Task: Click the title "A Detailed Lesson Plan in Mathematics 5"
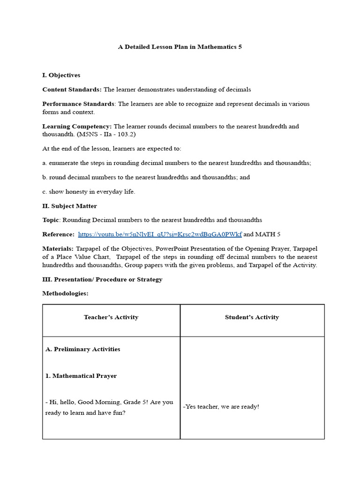pyautogui.click(x=180, y=47)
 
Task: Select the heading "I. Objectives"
pyautogui.click(x=61, y=75)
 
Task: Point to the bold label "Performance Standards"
pyautogui.click(x=78, y=104)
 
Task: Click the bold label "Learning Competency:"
pyautogui.click(x=77, y=126)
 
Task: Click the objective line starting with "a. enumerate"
pyautogui.click(x=177, y=163)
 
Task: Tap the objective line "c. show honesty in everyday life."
pyautogui.click(x=89, y=192)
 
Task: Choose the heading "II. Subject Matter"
pyautogui.click(x=70, y=206)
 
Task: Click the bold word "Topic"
pyautogui.click(x=51, y=220)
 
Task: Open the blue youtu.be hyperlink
pyautogui.click(x=160, y=234)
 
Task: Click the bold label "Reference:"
pyautogui.click(x=58, y=234)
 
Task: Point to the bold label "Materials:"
pyautogui.click(x=58, y=248)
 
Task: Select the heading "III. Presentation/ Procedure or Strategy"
pyautogui.click(x=102, y=279)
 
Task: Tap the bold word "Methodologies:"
pyautogui.click(x=65, y=293)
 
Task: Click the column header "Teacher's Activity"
pyautogui.click(x=111, y=317)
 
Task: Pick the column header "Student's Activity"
pyautogui.click(x=252, y=317)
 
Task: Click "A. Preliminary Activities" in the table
pyautogui.click(x=82, y=349)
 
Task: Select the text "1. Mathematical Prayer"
pyautogui.click(x=81, y=376)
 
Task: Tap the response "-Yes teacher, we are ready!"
pyautogui.click(x=221, y=407)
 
